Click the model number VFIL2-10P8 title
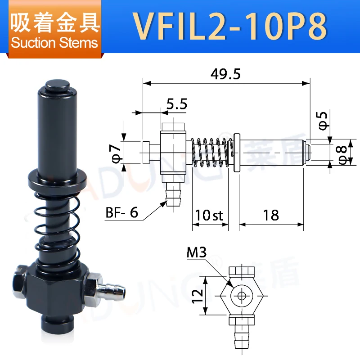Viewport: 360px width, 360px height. pyautogui.click(x=229, y=27)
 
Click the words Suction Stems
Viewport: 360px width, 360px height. pyautogui.click(x=54, y=43)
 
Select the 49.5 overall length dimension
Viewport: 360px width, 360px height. pyautogui.click(x=227, y=74)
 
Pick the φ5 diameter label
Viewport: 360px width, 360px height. pyautogui.click(x=324, y=121)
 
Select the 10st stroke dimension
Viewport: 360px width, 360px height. pyautogui.click(x=210, y=215)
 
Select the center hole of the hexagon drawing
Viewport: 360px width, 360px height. pyautogui.click(x=242, y=296)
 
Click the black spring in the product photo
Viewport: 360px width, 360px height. pyautogui.click(x=58, y=225)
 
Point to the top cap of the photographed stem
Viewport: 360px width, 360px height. pyautogui.click(x=56, y=85)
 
